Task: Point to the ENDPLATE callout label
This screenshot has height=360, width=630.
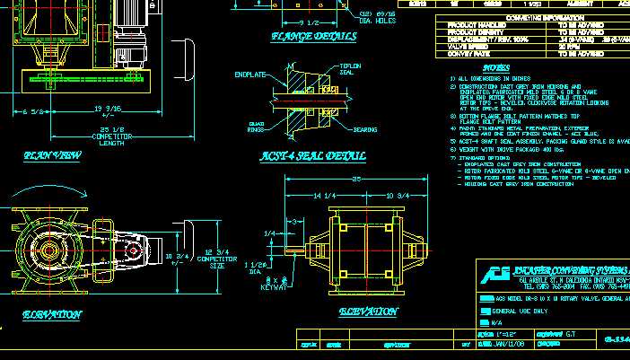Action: coord(249,74)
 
